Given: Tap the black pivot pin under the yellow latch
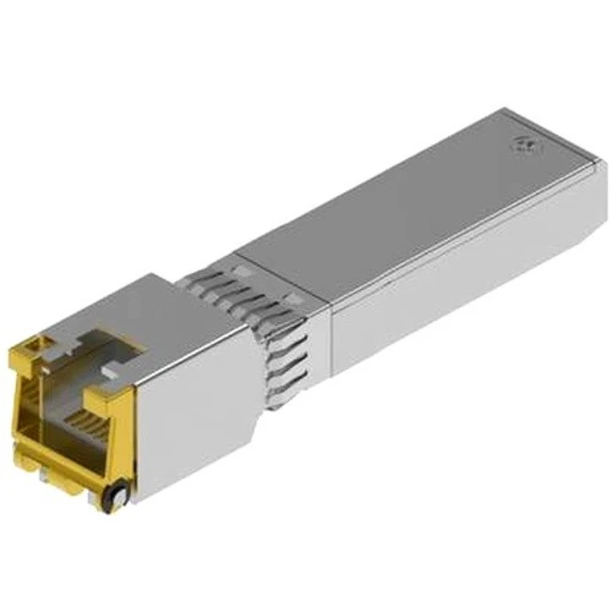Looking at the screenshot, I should click(x=117, y=492).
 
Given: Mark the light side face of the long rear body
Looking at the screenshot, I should click(x=461, y=282).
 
